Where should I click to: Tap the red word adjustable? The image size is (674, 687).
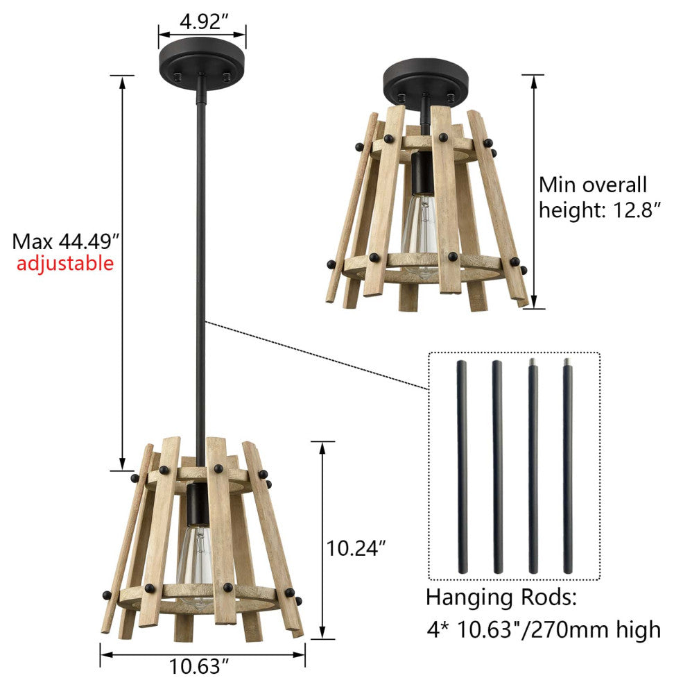65,264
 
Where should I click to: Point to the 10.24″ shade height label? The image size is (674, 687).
356,548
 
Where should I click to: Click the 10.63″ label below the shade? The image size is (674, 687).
199,666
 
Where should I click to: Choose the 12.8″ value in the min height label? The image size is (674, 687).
636,210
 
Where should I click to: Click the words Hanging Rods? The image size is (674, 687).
501,597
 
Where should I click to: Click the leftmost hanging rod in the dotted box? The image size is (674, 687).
462,466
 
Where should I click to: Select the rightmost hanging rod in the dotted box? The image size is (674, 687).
568,466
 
